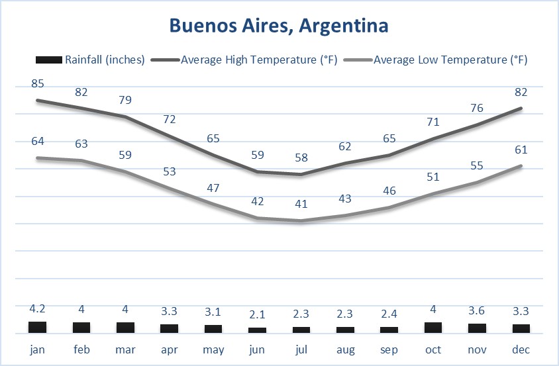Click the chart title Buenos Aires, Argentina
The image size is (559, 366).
[279, 26]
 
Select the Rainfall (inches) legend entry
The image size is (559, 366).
[105, 60]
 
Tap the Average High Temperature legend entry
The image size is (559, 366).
[259, 60]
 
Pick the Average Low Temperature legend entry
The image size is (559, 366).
[450, 60]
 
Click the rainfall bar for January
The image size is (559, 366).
[38, 327]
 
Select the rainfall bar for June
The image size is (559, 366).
[258, 330]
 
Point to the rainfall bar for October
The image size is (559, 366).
[433, 327]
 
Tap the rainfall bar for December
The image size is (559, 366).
[521, 328]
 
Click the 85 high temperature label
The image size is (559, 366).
[38, 84]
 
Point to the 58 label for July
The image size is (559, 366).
[301, 158]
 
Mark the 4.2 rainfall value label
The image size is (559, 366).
[38, 310]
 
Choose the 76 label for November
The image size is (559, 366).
[477, 108]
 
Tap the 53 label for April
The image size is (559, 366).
[170, 172]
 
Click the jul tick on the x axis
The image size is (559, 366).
[301, 349]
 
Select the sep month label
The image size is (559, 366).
[389, 349]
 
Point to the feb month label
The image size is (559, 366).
[81, 349]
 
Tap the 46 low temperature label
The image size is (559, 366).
[389, 191]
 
